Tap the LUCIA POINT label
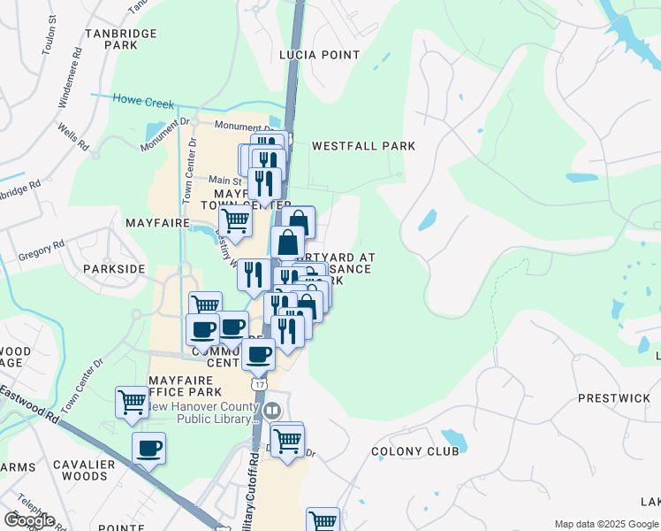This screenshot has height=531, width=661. [319, 55]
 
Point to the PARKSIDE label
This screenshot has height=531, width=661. [113, 268]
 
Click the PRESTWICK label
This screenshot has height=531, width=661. [613, 398]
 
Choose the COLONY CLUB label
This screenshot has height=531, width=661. [414, 451]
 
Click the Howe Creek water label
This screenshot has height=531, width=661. [143, 103]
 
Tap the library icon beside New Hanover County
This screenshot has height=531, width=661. [273, 410]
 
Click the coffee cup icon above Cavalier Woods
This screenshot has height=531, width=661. [148, 447]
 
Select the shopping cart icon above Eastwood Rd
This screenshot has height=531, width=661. [132, 402]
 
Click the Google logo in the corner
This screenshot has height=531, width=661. [28, 520]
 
